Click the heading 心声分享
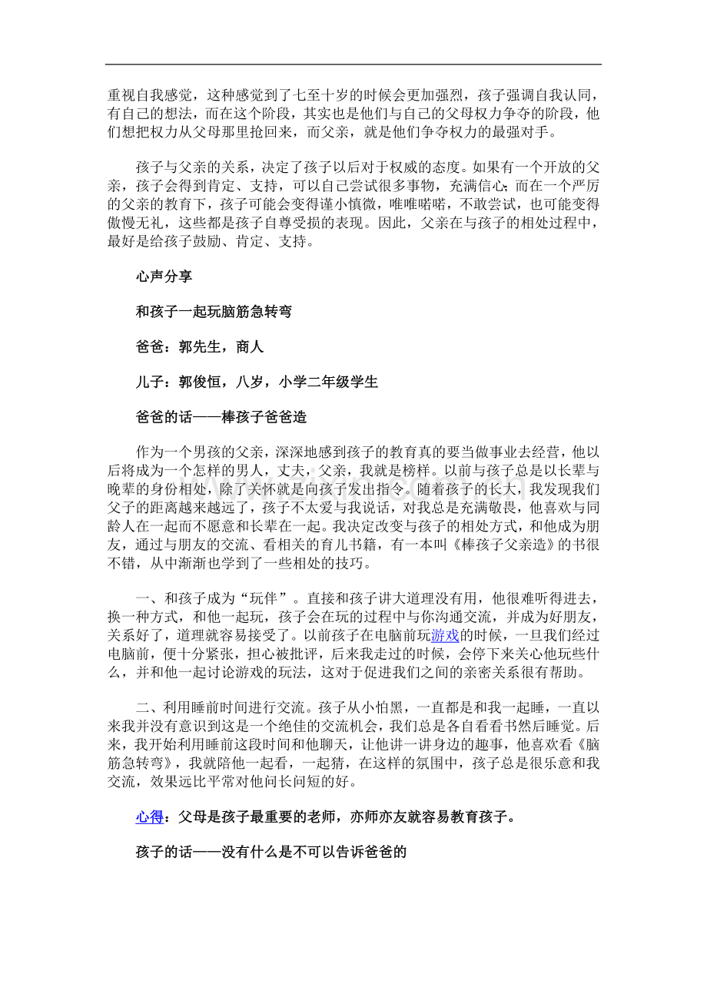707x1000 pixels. [x=164, y=277]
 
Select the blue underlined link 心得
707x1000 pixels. [x=149, y=817]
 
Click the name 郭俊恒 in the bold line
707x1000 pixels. [x=199, y=382]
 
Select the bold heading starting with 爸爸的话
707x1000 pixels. [x=221, y=417]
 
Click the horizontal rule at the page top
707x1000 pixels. [x=353, y=65]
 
